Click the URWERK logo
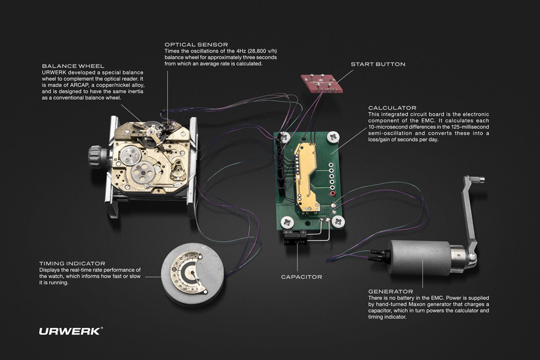click(x=71, y=331)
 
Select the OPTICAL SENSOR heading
click(x=196, y=45)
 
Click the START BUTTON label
click(x=378, y=64)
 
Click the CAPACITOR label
click(x=301, y=276)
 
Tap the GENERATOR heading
click(x=390, y=291)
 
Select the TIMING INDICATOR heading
click(x=72, y=263)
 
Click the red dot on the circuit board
click(x=333, y=193)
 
